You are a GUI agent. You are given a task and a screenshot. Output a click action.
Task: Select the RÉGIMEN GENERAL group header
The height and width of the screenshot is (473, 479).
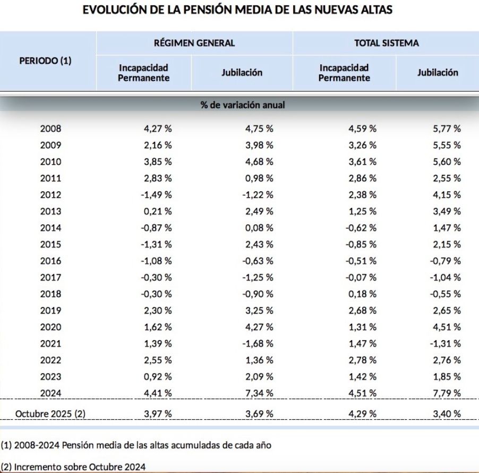tap(194, 43)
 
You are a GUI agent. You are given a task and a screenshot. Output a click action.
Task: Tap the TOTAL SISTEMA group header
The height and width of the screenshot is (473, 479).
tap(386, 43)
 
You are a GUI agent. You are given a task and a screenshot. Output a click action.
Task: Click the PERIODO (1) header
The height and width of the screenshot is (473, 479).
tap(45, 61)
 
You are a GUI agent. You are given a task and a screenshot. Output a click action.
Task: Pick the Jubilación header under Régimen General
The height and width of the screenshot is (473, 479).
tap(242, 73)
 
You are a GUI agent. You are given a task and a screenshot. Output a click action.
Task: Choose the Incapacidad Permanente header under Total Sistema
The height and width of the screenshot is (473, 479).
tap(345, 73)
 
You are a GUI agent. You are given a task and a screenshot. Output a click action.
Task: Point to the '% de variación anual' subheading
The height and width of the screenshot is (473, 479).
tap(242, 105)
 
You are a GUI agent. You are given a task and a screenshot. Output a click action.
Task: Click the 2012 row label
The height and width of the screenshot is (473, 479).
tap(50, 195)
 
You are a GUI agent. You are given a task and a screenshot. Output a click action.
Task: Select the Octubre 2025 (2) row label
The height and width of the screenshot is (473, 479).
tap(50, 413)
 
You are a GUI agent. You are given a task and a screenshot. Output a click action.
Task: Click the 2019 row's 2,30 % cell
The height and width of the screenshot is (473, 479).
tap(157, 310)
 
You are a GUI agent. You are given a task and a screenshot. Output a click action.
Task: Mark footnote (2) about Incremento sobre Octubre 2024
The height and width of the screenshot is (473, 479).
tap(74, 466)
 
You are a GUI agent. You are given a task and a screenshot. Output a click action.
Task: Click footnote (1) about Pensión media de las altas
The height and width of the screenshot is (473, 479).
tap(136, 445)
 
